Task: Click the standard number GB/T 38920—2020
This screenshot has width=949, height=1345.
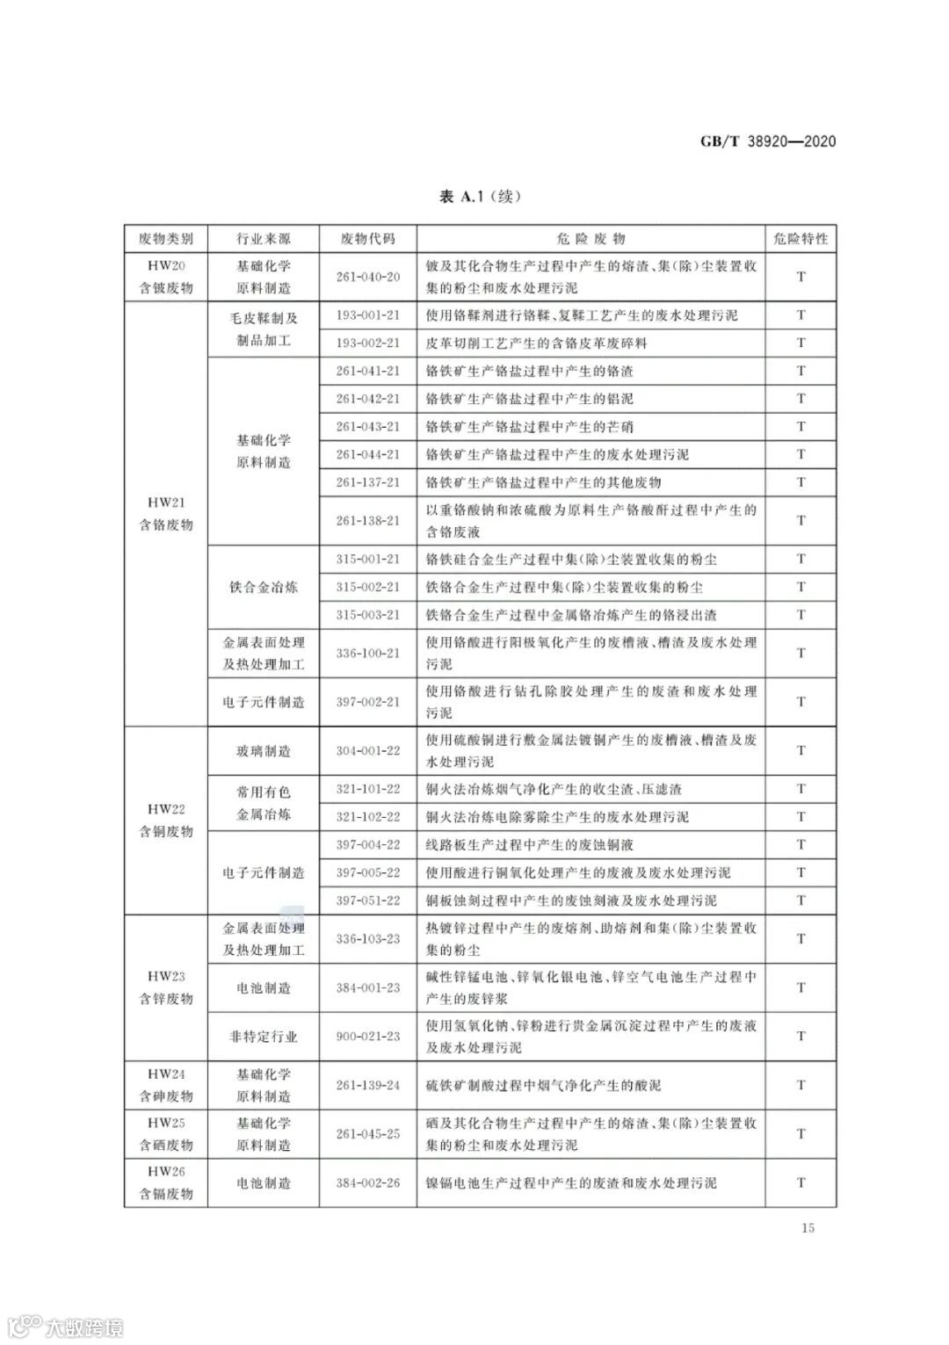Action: (x=767, y=141)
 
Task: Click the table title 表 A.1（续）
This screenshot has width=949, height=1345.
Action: (x=480, y=196)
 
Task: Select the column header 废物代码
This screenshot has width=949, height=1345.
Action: (x=367, y=239)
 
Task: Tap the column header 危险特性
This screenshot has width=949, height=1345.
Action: (x=800, y=239)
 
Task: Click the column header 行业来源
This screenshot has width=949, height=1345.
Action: (x=263, y=239)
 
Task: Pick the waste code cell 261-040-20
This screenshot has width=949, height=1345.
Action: (x=367, y=277)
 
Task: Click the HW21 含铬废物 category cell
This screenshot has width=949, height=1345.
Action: (x=165, y=514)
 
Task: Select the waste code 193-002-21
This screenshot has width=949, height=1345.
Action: (x=367, y=343)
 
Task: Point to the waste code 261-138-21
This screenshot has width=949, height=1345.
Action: (x=367, y=520)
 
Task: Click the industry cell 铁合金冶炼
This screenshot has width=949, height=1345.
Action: (x=263, y=587)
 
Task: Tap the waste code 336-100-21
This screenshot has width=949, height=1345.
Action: (x=367, y=653)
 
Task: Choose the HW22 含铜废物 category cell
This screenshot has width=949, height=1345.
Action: (x=165, y=821)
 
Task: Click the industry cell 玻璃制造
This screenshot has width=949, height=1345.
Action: (x=263, y=751)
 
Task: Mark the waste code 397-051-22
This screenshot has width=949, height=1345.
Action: (x=367, y=900)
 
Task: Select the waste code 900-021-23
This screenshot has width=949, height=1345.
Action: (x=367, y=1037)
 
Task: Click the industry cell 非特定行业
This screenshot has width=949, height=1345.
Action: (x=263, y=1037)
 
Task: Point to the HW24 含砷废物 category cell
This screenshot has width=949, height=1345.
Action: (x=165, y=1085)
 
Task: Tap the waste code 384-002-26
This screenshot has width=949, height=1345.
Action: (x=367, y=1182)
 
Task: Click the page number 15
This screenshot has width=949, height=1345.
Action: (x=808, y=1227)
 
